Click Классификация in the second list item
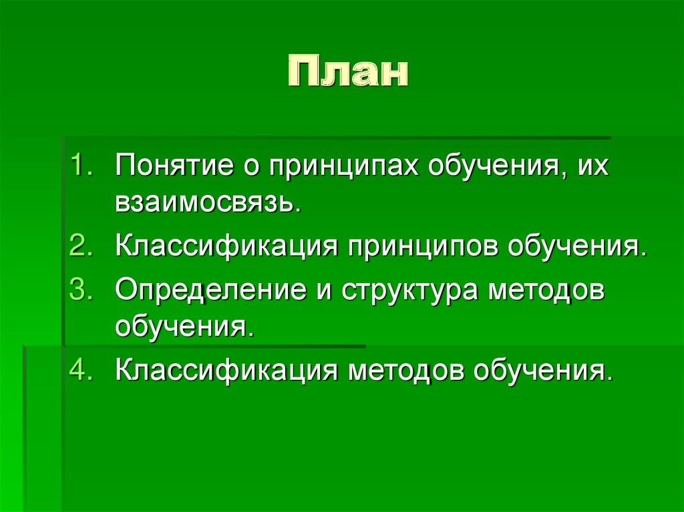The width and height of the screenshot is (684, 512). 224,248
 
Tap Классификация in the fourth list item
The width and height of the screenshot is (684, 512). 224,370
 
